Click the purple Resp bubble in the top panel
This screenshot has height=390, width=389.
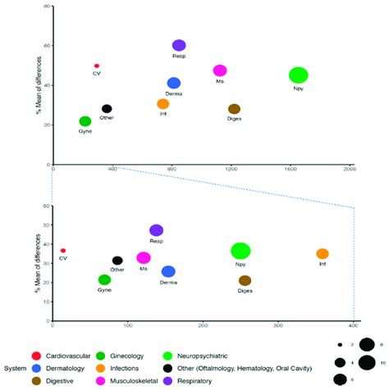(x=179, y=45)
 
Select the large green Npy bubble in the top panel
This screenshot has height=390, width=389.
(x=299, y=75)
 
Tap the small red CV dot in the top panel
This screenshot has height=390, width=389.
(x=97, y=66)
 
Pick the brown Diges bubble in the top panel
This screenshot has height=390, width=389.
(x=234, y=109)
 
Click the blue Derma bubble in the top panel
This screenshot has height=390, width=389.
(x=174, y=83)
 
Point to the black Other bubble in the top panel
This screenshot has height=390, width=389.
(x=107, y=108)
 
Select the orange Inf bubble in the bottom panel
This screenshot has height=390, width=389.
(x=323, y=254)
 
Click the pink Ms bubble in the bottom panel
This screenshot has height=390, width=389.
(x=144, y=258)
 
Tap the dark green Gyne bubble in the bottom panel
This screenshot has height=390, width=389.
(x=104, y=279)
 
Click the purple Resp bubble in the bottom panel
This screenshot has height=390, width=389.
(x=156, y=230)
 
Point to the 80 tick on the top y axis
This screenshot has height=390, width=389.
(x=47, y=7)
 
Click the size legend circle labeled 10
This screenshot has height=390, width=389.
(x=366, y=362)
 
